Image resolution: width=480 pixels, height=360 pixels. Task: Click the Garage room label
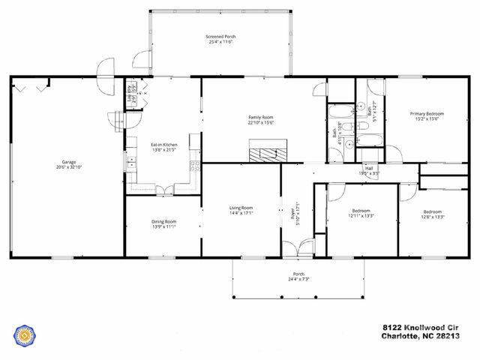[x=69, y=161]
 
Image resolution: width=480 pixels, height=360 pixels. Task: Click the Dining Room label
[x=163, y=223]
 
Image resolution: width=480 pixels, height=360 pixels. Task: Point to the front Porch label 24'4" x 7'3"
[x=298, y=276]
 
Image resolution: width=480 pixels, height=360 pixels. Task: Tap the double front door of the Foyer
[x=298, y=248]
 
